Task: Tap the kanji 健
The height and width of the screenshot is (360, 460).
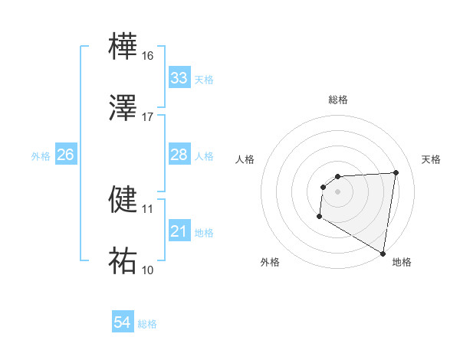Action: pos(123,198)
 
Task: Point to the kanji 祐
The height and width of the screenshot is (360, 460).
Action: pos(123,260)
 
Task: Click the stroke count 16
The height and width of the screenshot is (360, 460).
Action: pos(148,56)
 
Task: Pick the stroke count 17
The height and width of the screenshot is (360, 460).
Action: pos(148,116)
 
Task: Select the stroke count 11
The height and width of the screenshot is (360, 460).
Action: pos(148,208)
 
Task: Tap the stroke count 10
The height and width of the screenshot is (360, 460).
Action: pos(148,270)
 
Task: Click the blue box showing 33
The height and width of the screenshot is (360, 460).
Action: pos(179,78)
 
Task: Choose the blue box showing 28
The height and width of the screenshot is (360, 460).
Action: pos(179,155)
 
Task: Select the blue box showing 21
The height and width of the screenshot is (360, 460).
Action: pos(179,231)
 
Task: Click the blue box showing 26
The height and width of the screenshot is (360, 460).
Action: pos(65,155)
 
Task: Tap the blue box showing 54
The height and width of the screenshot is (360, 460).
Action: pos(123,323)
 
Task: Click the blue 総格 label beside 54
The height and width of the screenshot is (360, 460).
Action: pos(147,324)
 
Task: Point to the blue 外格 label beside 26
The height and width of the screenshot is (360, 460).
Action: pos(41,156)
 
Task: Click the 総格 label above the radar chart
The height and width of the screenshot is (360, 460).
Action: pos(338,100)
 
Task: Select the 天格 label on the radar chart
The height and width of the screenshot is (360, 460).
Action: pos(432,159)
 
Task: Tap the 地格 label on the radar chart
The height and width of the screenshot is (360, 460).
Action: pos(402,262)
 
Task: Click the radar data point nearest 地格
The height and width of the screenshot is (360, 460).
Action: pos(383,254)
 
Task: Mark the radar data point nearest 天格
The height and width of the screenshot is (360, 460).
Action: pos(396,172)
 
